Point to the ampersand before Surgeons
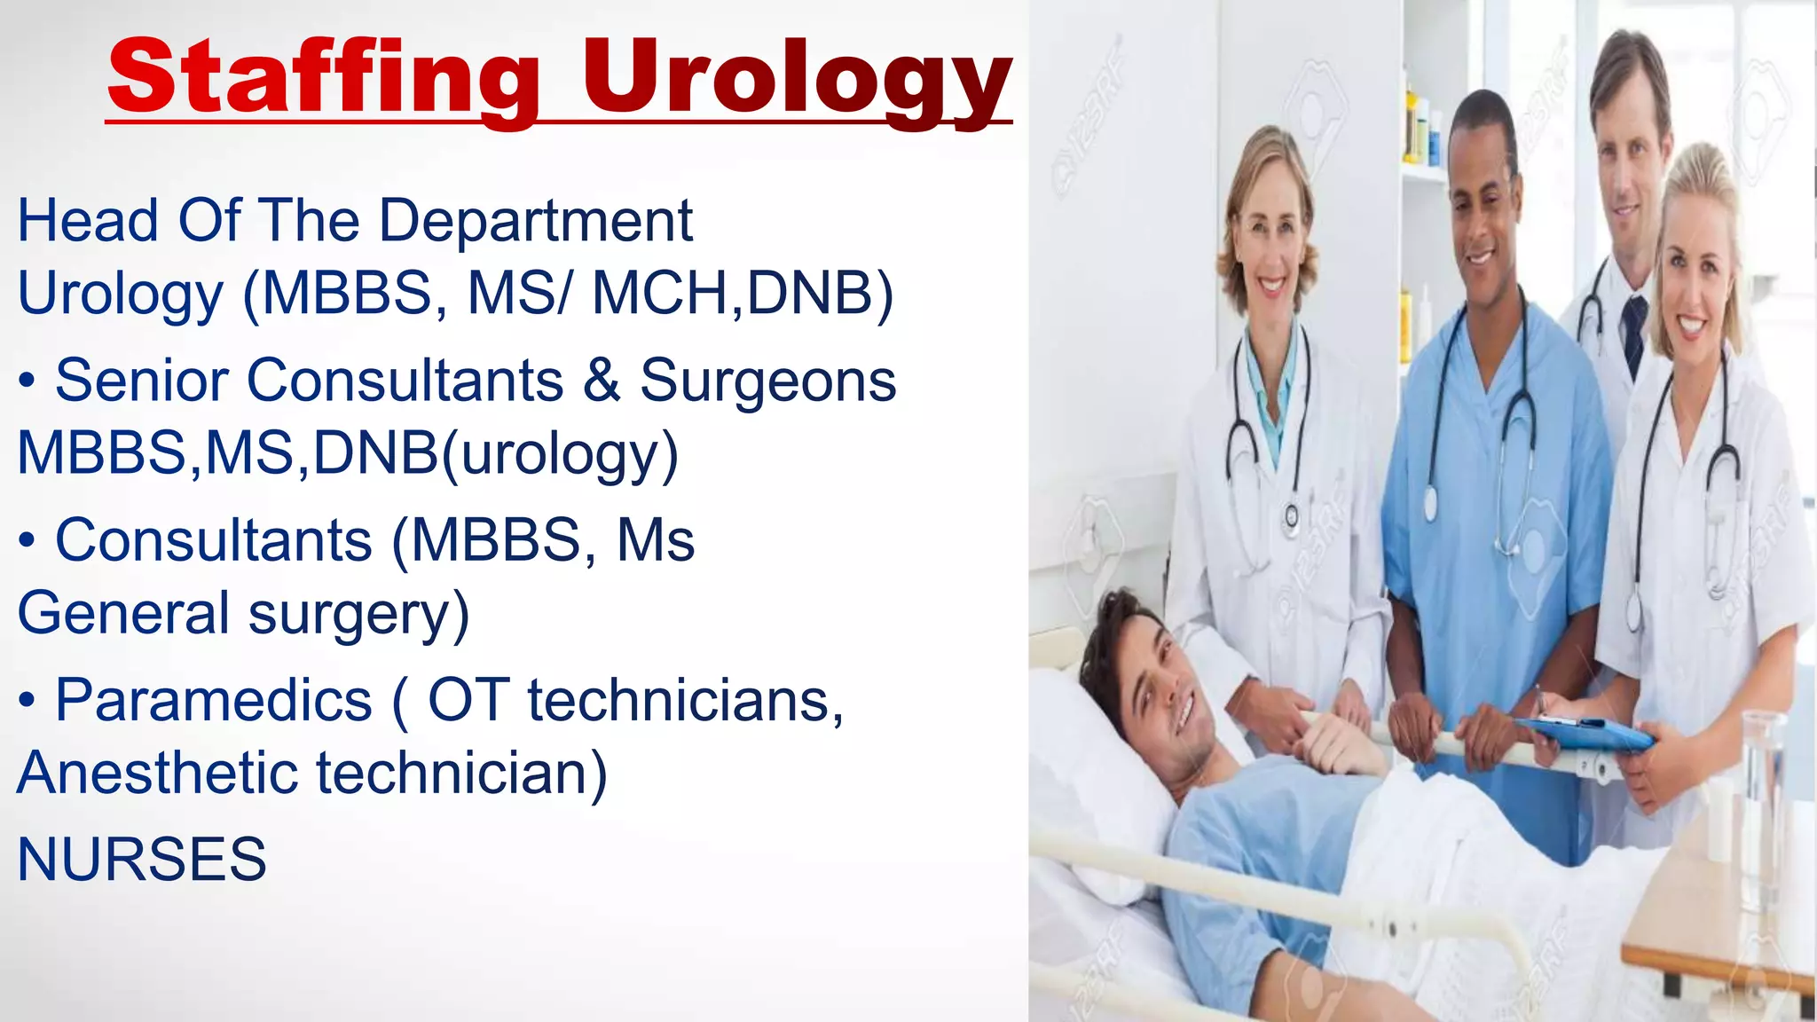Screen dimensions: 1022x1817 click(x=602, y=381)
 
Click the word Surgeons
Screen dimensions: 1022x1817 click(x=767, y=381)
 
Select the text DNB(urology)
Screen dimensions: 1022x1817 click(x=496, y=453)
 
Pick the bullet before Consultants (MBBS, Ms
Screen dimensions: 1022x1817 click(x=28, y=540)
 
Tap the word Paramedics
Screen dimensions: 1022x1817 click(x=213, y=700)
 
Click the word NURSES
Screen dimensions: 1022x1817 click(x=142, y=859)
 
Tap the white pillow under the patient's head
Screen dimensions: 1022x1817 click(x=1100, y=798)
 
